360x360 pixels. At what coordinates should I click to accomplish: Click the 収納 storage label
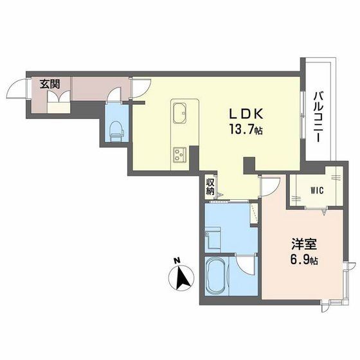pyautogui.click(x=210, y=186)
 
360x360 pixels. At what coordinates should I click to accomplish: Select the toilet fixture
pyautogui.click(x=116, y=130)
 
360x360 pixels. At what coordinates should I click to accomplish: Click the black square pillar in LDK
pyautogui.click(x=249, y=163)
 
